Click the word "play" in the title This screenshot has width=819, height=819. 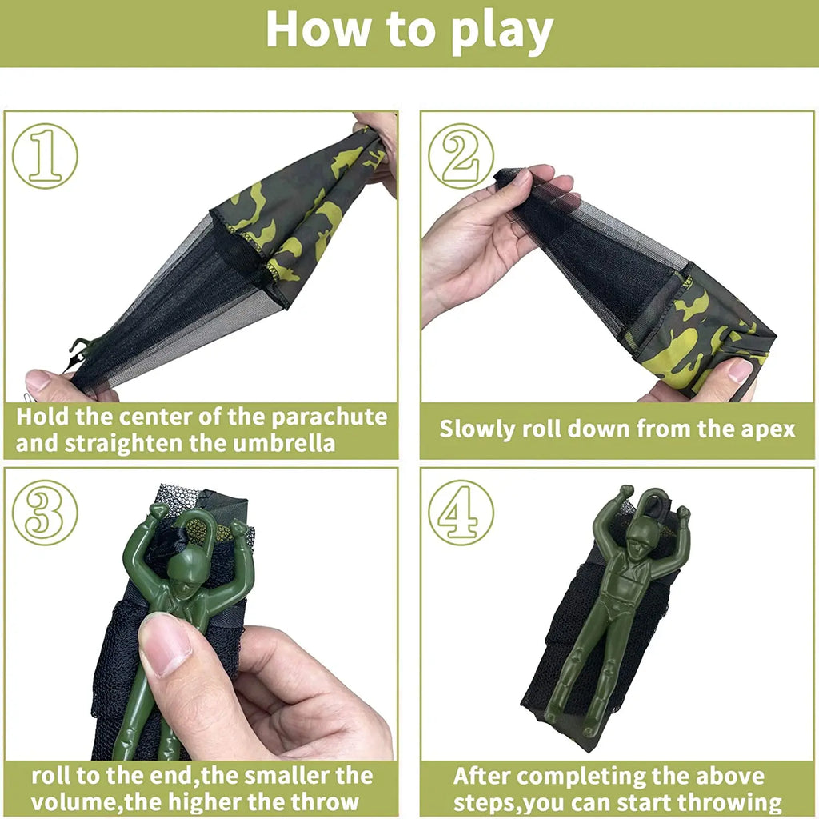pyautogui.click(x=502, y=32)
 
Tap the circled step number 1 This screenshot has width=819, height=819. pyautogui.click(x=45, y=156)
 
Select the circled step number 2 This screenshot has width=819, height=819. pyautogui.click(x=461, y=156)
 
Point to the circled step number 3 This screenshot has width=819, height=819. pyautogui.click(x=45, y=513)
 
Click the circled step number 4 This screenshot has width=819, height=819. pyautogui.click(x=461, y=513)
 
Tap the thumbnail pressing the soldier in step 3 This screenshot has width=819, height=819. pyautogui.click(x=164, y=645)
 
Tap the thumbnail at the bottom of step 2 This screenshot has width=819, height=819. pyautogui.click(x=740, y=370)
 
